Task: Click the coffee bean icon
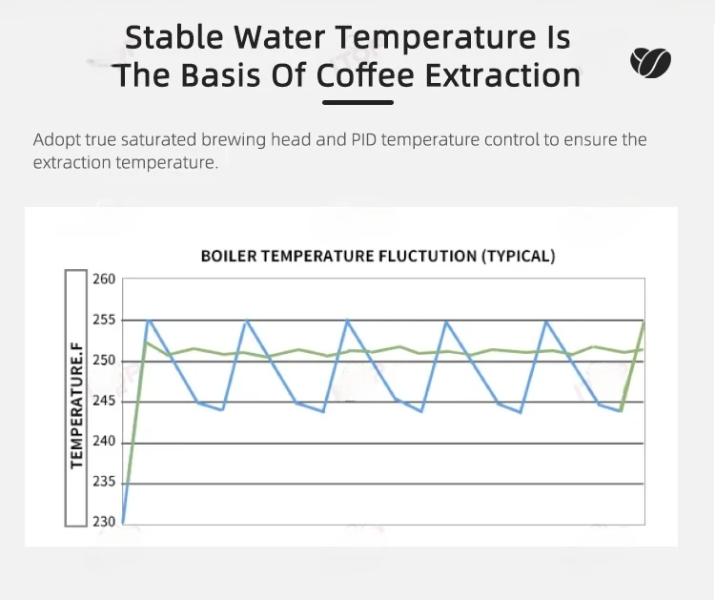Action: (651, 62)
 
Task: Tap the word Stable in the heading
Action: (174, 37)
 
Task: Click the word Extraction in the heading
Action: (503, 75)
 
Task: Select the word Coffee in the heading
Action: (365, 75)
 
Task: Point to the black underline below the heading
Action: (357, 103)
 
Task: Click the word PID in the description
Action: (363, 139)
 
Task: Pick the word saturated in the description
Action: (158, 139)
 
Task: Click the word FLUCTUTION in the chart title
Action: (428, 256)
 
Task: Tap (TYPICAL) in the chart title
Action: (519, 256)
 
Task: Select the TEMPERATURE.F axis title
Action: (76, 405)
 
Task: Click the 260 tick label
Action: (104, 279)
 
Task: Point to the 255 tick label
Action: (104, 320)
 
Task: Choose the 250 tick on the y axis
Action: (104, 361)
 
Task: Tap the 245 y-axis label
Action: (104, 401)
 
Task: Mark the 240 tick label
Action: (104, 442)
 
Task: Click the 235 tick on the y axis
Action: (104, 482)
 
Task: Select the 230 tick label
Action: (104, 522)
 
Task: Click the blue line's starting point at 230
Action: (124, 523)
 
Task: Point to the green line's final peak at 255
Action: (643, 322)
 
